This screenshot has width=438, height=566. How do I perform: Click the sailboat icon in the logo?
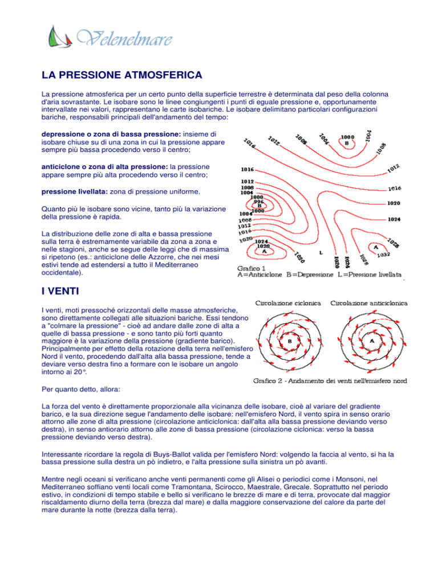(x=56, y=38)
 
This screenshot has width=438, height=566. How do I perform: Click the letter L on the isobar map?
(x=322, y=252)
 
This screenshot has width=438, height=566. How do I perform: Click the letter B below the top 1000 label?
(x=347, y=143)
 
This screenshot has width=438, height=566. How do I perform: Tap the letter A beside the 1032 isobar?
(x=375, y=247)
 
